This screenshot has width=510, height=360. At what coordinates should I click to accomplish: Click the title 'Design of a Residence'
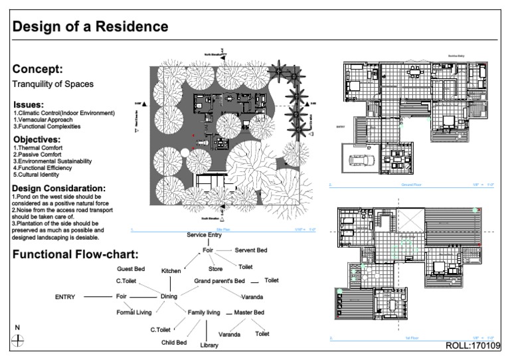click(x=90, y=27)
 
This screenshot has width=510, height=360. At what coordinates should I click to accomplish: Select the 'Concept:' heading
click(x=38, y=69)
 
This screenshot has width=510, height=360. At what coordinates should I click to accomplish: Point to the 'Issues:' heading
click(x=29, y=105)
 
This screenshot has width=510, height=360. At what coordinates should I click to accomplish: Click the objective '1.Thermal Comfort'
click(x=38, y=147)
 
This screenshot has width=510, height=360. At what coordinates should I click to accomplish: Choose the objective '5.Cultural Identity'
click(x=40, y=175)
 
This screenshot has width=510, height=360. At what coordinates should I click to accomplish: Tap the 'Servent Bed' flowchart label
click(x=251, y=250)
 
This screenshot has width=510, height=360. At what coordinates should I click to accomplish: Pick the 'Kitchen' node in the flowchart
click(x=171, y=271)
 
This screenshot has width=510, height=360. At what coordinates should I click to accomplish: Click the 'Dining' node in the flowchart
click(x=169, y=296)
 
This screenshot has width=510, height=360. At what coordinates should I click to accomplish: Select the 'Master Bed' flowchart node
click(x=249, y=312)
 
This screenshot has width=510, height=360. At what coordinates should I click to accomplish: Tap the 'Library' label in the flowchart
click(x=209, y=345)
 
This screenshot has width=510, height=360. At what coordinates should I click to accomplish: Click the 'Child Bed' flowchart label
click(x=174, y=343)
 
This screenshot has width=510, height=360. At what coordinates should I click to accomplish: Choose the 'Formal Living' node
click(x=134, y=312)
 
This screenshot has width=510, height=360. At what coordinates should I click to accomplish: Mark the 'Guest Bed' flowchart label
click(x=130, y=268)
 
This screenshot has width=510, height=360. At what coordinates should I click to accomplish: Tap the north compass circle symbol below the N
click(x=19, y=339)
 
